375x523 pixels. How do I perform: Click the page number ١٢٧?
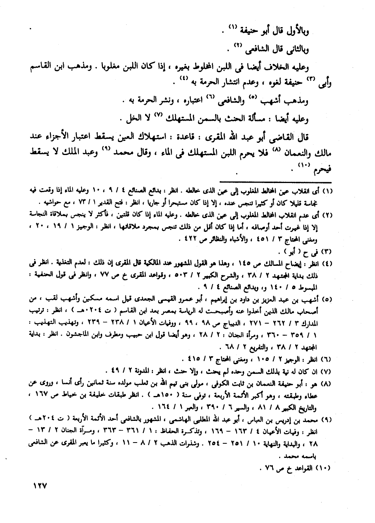click(x=38, y=486)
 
